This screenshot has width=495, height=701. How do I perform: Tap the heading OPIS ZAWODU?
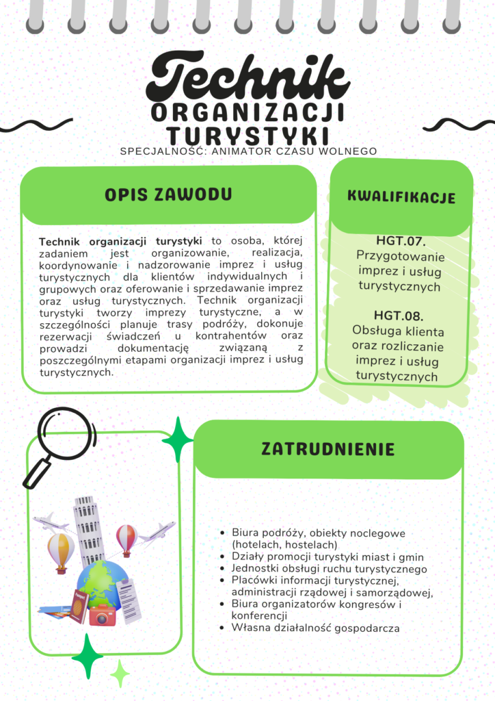168,194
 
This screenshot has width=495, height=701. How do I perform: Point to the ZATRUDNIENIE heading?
328,449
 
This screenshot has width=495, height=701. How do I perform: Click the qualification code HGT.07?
401,241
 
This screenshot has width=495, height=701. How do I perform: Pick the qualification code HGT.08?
400,316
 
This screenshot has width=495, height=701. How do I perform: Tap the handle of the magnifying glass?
36,473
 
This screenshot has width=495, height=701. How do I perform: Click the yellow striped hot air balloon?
61,548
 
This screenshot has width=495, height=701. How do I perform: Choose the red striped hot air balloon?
126,537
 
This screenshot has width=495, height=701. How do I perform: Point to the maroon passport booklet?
79,607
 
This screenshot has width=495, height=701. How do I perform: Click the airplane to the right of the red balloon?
159,532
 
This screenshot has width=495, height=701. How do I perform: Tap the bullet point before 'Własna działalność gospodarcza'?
224,628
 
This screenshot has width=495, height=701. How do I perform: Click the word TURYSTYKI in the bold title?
248,133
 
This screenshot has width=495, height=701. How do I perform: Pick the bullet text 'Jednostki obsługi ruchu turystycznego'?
329,569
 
